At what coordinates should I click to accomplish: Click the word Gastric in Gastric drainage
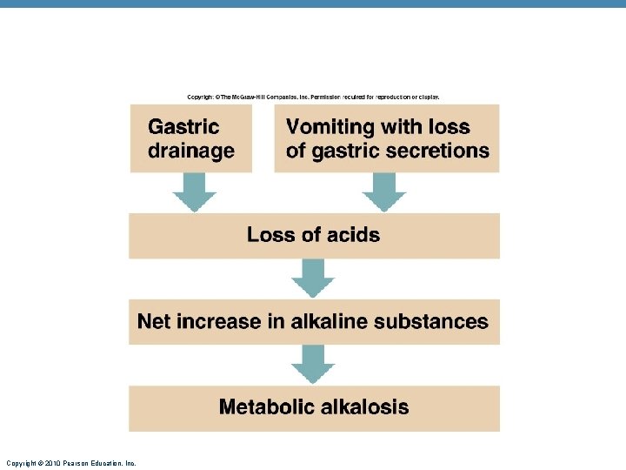183,127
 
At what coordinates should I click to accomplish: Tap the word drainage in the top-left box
191,151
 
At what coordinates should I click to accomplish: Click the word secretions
437,151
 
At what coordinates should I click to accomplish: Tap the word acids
351,234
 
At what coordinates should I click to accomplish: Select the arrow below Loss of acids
313,278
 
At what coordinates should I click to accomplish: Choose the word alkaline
329,321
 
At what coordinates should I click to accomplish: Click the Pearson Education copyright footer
70,463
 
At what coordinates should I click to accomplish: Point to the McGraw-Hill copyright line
313,96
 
